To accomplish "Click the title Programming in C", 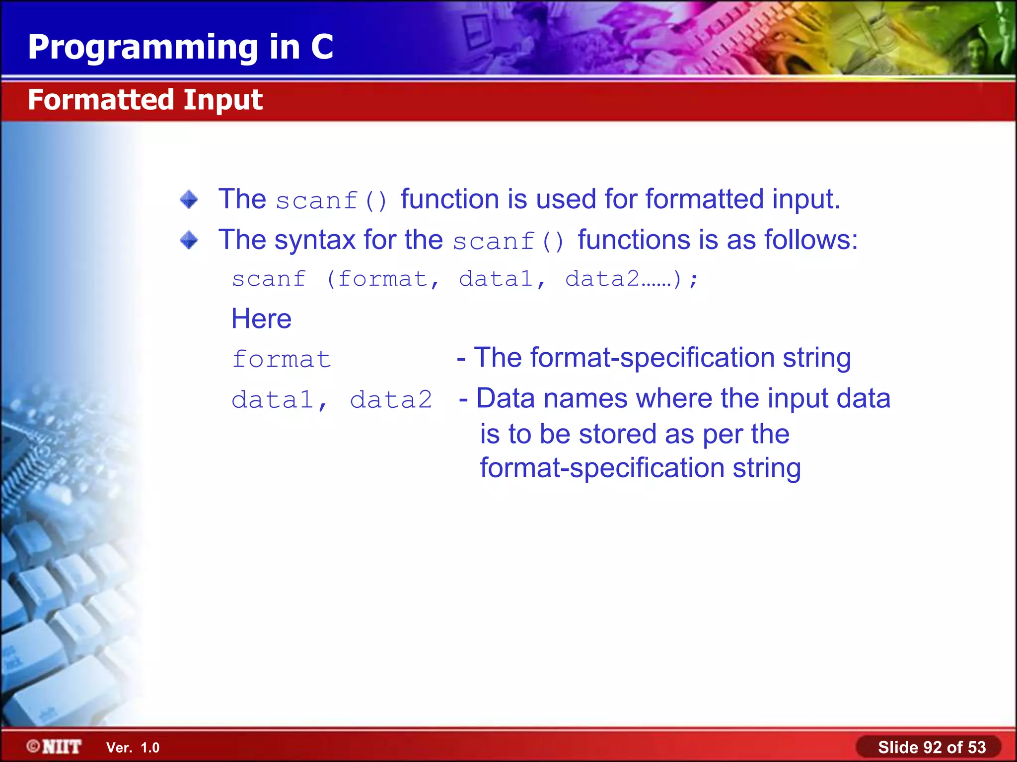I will pyautogui.click(x=180, y=47).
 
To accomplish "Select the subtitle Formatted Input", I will pyautogui.click(x=145, y=100).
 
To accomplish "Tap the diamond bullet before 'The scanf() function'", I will pyautogui.click(x=189, y=199).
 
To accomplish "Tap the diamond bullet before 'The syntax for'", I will pyautogui.click(x=189, y=240).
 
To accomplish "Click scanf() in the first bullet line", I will pyautogui.click(x=331, y=201).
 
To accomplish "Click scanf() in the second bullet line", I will pyautogui.click(x=508, y=242).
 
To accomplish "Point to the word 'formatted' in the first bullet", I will pyautogui.click(x=704, y=199).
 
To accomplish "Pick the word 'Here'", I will pyautogui.click(x=261, y=318).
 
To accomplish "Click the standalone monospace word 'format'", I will pyautogui.click(x=282, y=359).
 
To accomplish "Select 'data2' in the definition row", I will pyautogui.click(x=391, y=400).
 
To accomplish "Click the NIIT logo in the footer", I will pyautogui.click(x=55, y=747).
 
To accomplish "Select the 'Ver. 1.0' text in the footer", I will pyautogui.click(x=133, y=748).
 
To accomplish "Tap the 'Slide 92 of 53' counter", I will pyautogui.click(x=932, y=747).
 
